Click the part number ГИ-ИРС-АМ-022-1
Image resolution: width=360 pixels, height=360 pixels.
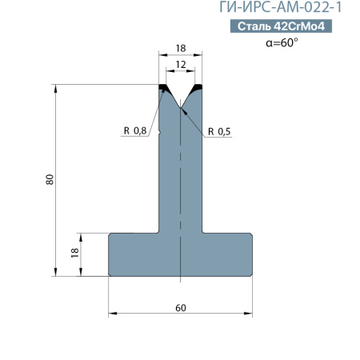coord(280,7)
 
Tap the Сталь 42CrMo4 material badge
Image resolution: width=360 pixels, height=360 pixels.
coord(281,26)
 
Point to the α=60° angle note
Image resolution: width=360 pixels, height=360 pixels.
coord(282,42)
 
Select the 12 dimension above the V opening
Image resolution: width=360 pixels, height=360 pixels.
coord(181,65)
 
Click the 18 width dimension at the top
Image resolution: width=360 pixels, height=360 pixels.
coord(181,48)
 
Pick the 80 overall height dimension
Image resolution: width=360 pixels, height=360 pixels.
coord(50,179)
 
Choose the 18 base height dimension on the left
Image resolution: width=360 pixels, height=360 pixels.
coord(75,253)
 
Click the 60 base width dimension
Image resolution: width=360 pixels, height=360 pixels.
coord(181,308)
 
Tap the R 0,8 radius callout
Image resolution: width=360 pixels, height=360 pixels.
coord(135,130)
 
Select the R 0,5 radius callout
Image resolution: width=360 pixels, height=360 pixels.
coord(219,131)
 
